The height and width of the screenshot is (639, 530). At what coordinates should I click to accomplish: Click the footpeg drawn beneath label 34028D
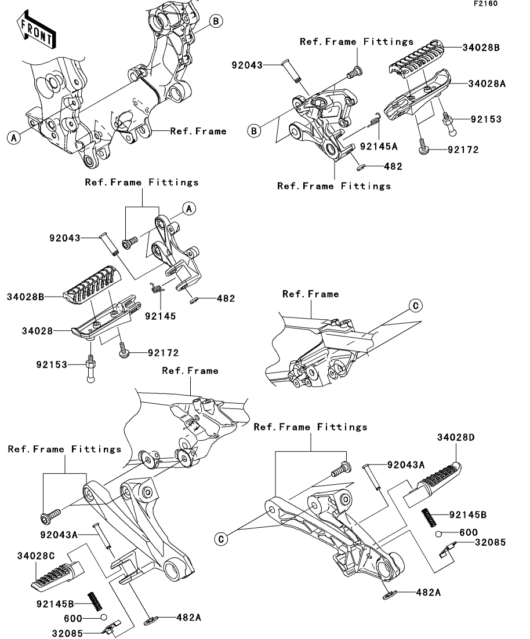click(440, 483)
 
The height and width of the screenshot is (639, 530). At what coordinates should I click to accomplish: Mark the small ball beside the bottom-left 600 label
click(103, 618)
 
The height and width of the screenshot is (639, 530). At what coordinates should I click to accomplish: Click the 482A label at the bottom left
click(188, 618)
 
